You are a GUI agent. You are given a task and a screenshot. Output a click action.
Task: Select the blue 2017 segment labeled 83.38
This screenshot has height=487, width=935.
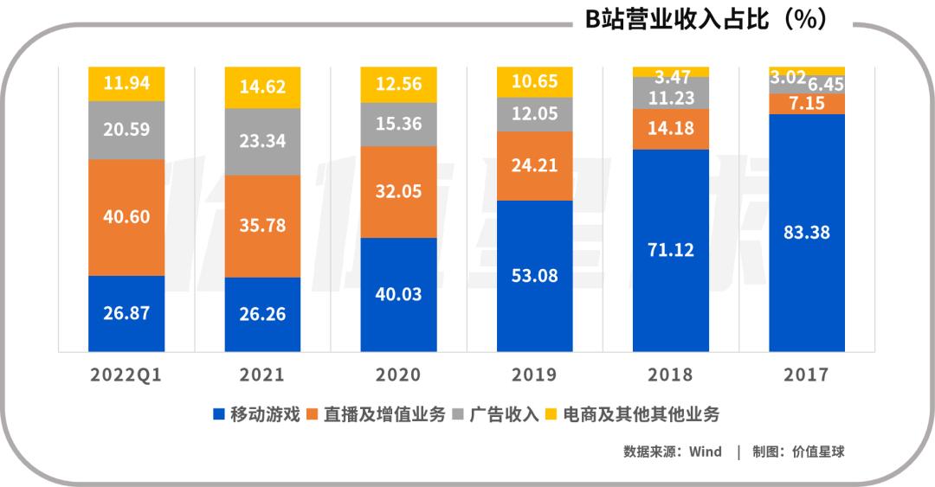[x=807, y=232]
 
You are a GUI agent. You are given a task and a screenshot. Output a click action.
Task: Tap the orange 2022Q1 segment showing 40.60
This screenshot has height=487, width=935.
[x=126, y=217]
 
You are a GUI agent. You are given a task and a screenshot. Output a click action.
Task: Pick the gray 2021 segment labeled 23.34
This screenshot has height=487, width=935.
[x=262, y=141]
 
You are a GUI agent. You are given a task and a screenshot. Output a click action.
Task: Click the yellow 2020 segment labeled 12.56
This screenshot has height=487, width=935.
[x=398, y=86]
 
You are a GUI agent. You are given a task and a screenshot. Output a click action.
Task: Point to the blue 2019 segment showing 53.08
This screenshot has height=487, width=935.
[x=535, y=276]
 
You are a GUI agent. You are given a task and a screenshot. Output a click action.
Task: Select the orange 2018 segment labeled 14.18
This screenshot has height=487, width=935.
[x=671, y=129]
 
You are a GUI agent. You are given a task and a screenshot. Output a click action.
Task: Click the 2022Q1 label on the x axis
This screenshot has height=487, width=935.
[x=126, y=375]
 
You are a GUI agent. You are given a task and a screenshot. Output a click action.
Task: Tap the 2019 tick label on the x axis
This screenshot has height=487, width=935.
[x=535, y=375]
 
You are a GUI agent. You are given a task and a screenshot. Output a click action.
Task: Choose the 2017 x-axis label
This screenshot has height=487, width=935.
[x=807, y=375]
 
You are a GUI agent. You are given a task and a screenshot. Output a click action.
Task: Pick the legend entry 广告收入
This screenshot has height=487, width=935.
[x=493, y=414]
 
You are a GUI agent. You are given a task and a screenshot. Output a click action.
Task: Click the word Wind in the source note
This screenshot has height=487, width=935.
[x=705, y=452]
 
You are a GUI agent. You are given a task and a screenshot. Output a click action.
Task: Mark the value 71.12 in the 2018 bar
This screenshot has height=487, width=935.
[x=671, y=250]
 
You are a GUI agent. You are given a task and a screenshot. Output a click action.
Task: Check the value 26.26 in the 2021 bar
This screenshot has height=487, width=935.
[x=262, y=314]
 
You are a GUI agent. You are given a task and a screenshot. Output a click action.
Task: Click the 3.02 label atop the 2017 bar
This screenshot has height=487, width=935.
[x=787, y=78]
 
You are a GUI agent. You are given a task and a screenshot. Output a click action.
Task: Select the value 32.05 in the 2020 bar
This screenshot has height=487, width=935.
[x=398, y=191]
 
